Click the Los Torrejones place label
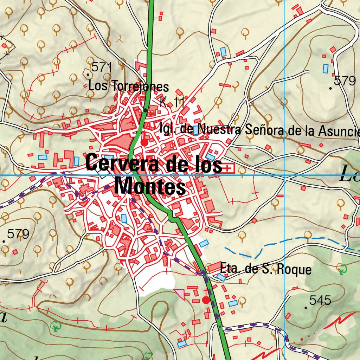128,86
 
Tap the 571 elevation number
101,67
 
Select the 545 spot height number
320,301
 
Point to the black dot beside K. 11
146,110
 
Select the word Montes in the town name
150,186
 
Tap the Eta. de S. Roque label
265,270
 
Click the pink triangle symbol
180,294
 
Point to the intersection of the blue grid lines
284,175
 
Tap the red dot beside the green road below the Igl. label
144,142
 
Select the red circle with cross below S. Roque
206,300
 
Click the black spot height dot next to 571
88,74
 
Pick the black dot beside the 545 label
306,308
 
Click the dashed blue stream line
281,243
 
